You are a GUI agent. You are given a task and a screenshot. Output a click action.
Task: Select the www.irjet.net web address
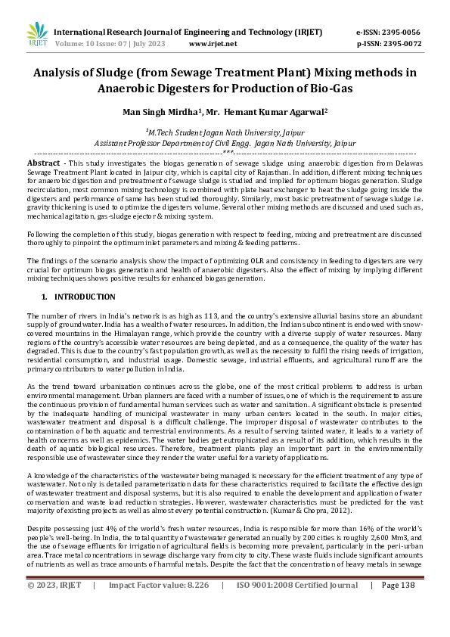click(x=213, y=44)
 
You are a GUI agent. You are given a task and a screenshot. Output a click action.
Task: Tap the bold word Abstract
click(x=44, y=163)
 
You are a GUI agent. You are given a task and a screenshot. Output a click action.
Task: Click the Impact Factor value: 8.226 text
click(x=159, y=627)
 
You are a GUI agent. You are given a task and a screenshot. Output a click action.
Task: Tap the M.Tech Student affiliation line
click(x=224, y=131)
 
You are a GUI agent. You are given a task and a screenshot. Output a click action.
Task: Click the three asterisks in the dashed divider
click(x=225, y=152)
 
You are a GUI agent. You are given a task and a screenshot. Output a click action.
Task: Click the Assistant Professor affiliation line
click(x=225, y=141)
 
